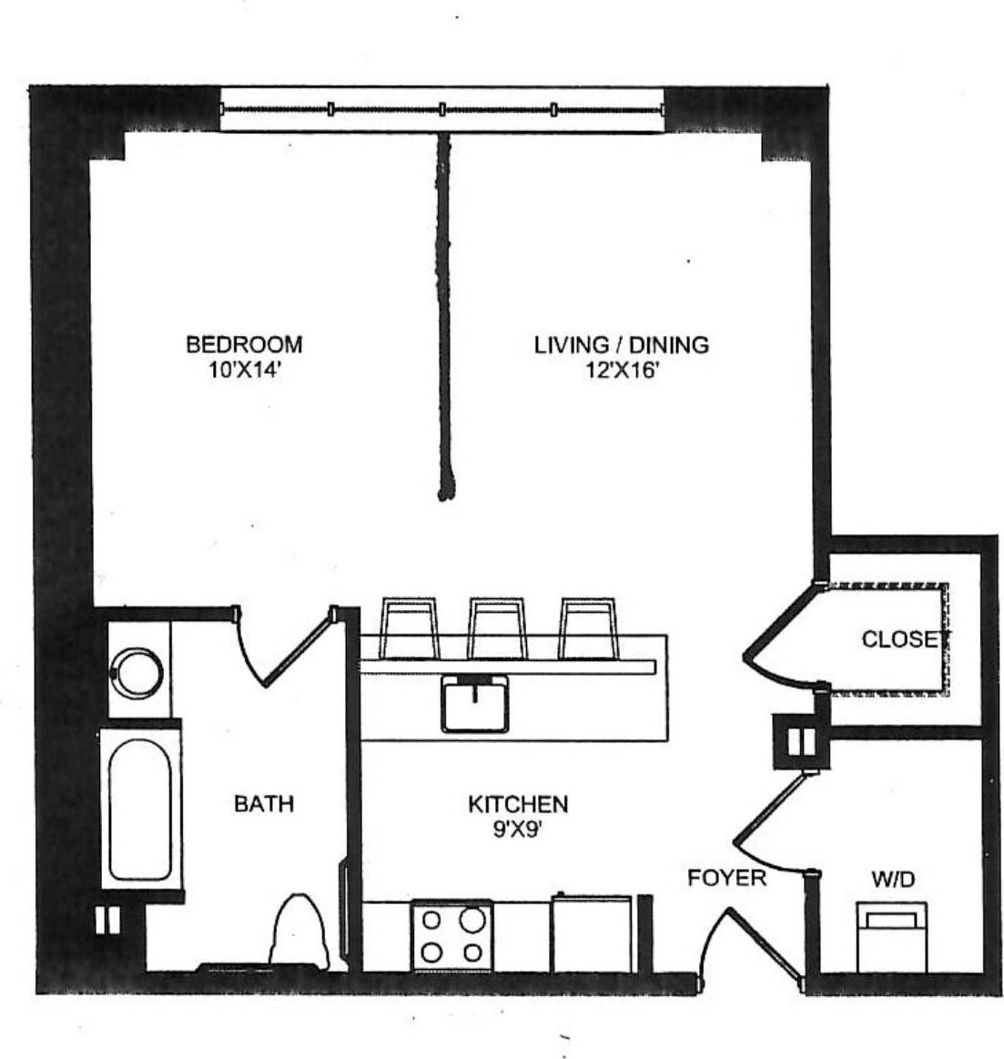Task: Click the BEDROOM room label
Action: (x=244, y=344)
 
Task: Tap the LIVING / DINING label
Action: (x=621, y=344)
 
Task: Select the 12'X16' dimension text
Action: (x=621, y=371)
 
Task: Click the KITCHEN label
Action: (x=518, y=804)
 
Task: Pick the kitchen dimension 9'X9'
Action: (x=518, y=830)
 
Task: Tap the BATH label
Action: (x=264, y=804)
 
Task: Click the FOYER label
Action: (x=726, y=878)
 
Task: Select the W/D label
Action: (x=893, y=880)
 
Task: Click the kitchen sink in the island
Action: (x=475, y=703)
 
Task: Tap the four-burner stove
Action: (x=452, y=935)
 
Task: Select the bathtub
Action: (x=140, y=807)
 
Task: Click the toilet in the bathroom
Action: (x=299, y=929)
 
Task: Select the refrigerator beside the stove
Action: (x=592, y=934)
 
